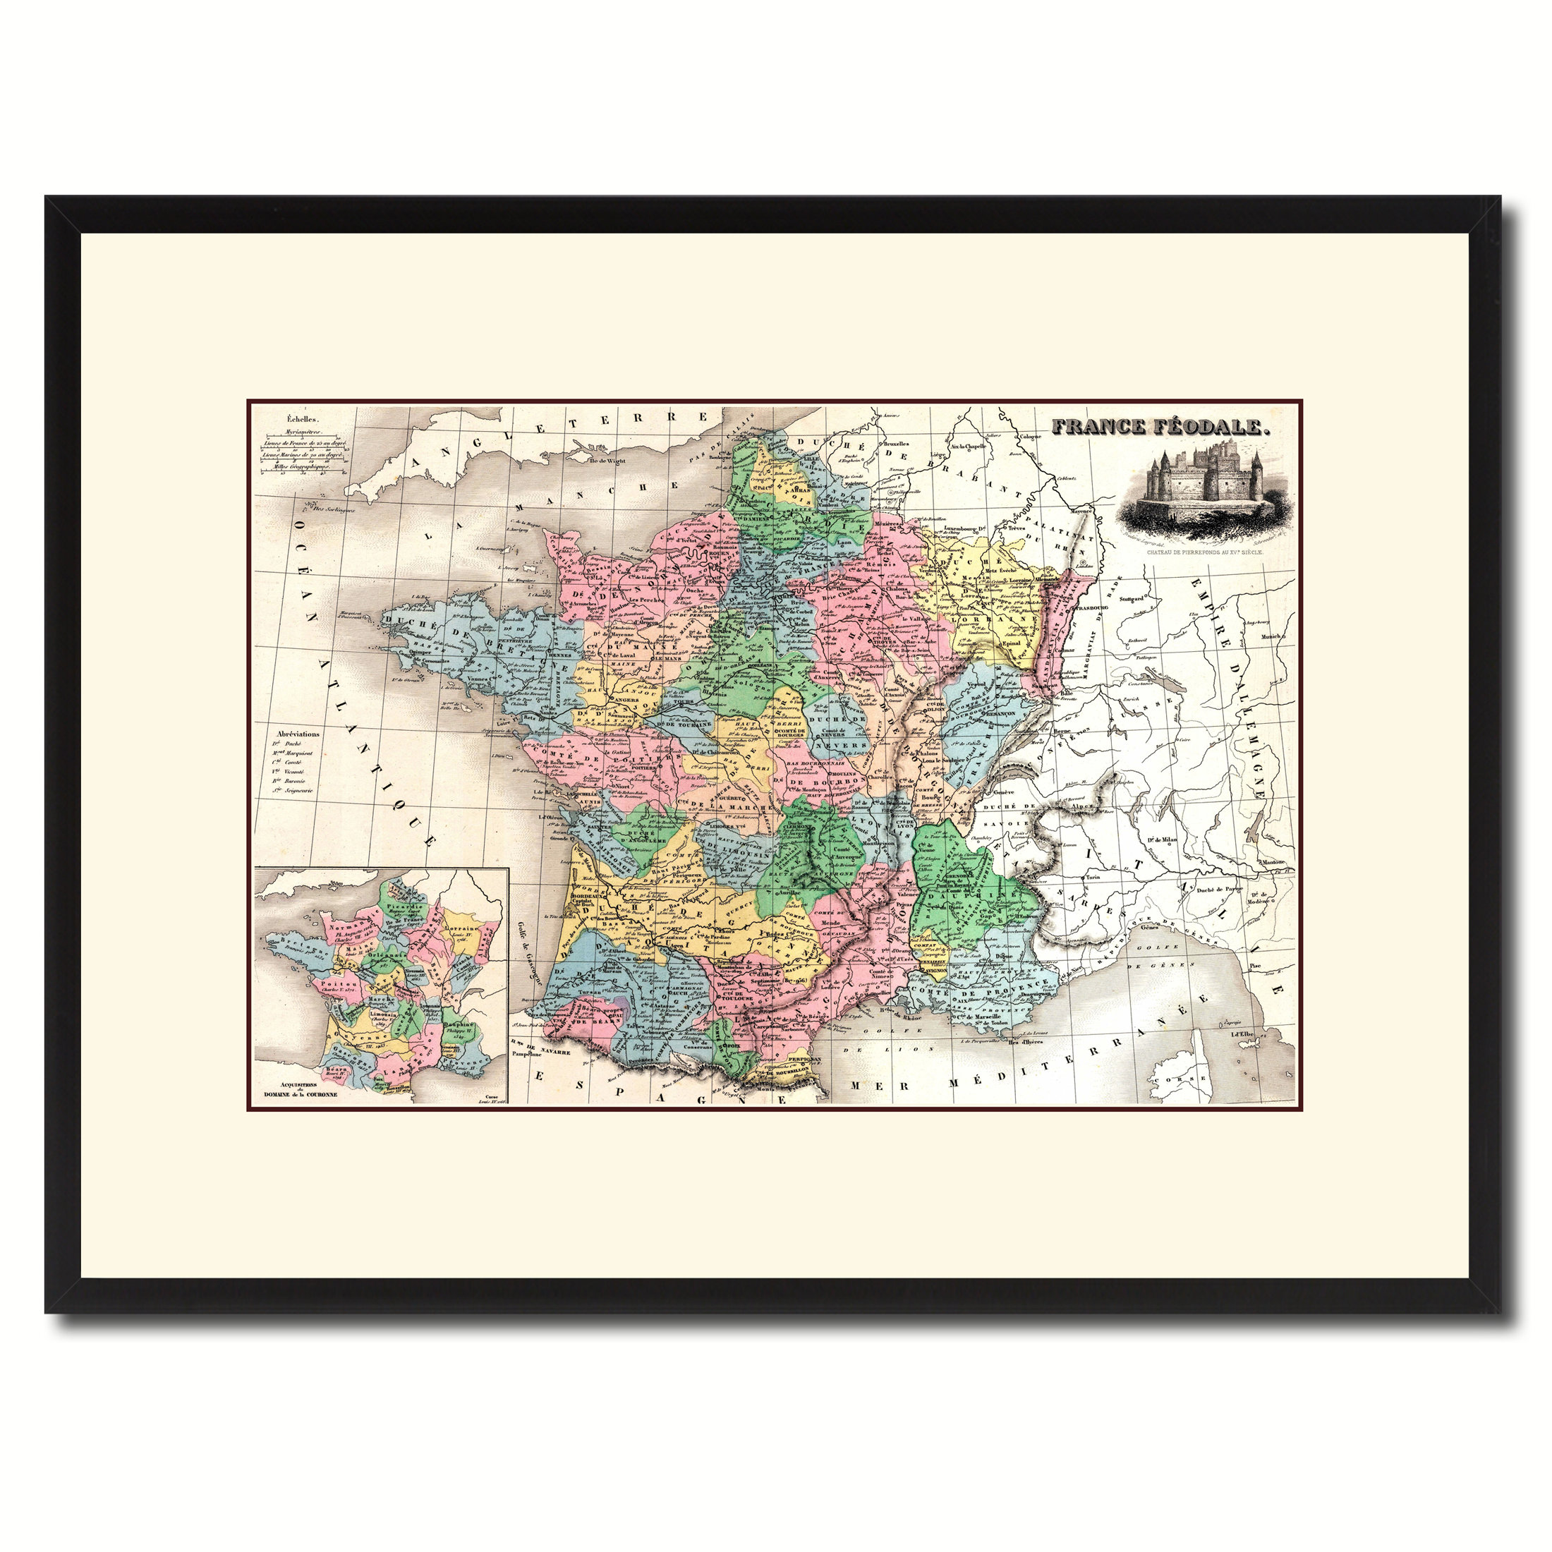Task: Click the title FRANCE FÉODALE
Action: [1162, 428]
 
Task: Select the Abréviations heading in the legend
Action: [297, 734]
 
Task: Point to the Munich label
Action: [1271, 637]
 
